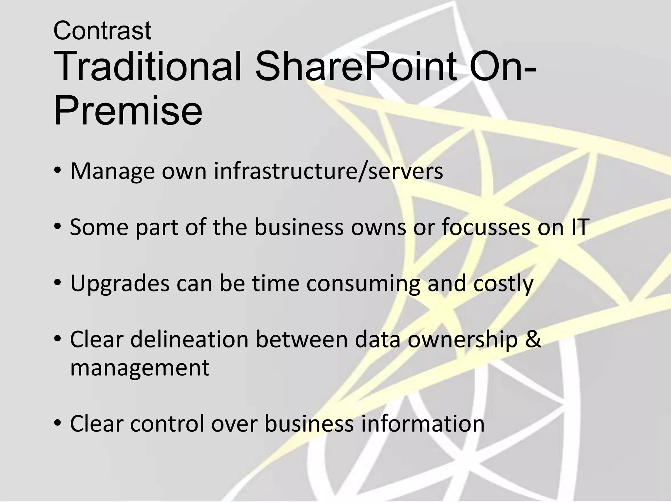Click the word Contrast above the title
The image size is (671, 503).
(102, 31)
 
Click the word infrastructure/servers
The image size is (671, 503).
(328, 171)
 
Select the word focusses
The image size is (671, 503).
(486, 227)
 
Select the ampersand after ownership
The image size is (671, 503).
(534, 339)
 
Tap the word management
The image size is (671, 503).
(140, 367)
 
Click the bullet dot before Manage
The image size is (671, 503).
(58, 171)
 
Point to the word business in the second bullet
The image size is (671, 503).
(299, 227)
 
